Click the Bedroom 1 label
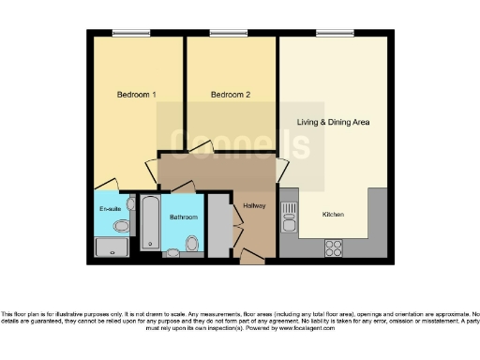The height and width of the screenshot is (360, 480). click(136, 95)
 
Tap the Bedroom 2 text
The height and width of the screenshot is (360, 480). click(230, 95)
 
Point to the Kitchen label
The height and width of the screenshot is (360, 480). click(333, 215)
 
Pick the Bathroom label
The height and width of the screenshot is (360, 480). click(184, 217)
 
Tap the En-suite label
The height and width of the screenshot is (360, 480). click(109, 208)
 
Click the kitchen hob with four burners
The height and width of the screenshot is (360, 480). click(333, 247)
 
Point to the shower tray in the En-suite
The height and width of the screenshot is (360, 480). click(112, 246)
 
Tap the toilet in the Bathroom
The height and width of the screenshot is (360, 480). click(192, 245)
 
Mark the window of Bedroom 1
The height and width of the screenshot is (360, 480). click(131, 34)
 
